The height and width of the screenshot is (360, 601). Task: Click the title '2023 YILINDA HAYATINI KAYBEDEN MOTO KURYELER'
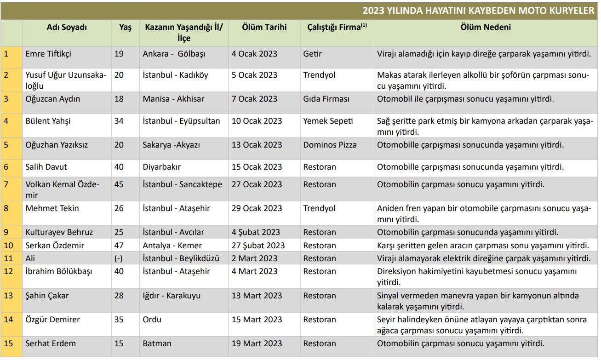tap(478, 11)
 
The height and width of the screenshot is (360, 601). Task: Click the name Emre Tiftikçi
tap(48, 54)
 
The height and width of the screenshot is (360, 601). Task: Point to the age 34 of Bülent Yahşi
tap(119, 121)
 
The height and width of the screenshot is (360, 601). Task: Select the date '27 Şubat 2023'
tap(258, 246)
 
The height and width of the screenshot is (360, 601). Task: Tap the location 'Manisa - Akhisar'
tap(173, 99)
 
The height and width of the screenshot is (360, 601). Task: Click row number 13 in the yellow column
tap(8, 296)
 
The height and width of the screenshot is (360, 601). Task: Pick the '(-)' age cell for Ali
tap(118, 258)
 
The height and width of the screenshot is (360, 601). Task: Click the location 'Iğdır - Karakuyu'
tap(172, 296)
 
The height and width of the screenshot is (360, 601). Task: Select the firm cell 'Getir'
tap(312, 54)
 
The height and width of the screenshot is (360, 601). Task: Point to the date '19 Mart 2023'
tap(257, 343)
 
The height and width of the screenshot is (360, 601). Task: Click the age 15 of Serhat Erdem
tap(119, 343)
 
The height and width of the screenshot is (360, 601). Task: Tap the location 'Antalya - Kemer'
tap(172, 246)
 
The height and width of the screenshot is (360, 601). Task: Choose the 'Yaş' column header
tap(125, 28)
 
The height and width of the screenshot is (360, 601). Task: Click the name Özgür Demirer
tap(52, 320)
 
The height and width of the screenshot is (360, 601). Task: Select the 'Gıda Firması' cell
tap(326, 99)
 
